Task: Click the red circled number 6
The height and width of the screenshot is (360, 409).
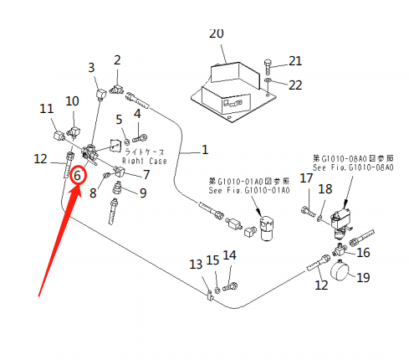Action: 77,176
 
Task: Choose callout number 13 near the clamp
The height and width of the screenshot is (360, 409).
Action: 195,264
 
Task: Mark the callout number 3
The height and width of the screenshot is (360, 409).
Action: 91,67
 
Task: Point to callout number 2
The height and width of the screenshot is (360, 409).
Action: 117,59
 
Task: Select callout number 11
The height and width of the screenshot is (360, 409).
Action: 47,108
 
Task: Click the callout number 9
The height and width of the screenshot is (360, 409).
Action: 143,193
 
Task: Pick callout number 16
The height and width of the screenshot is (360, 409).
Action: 363,252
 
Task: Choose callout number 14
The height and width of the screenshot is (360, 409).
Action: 230,255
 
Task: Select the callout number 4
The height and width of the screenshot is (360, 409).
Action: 137,113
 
